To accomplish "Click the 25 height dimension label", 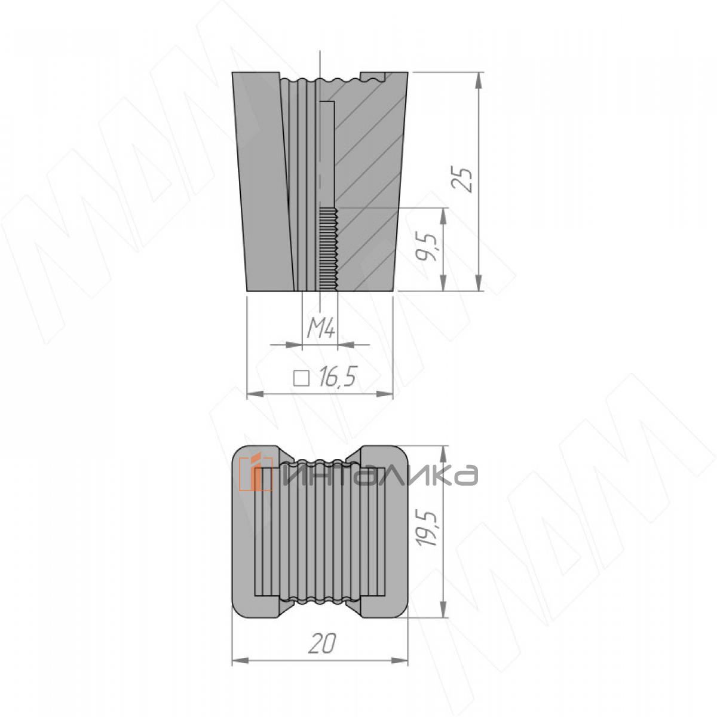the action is click(465, 180).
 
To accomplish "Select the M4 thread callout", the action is click(321, 329).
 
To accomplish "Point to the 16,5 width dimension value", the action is click(338, 378).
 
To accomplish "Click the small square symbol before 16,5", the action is click(301, 378).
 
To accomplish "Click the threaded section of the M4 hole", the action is click(328, 249).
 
